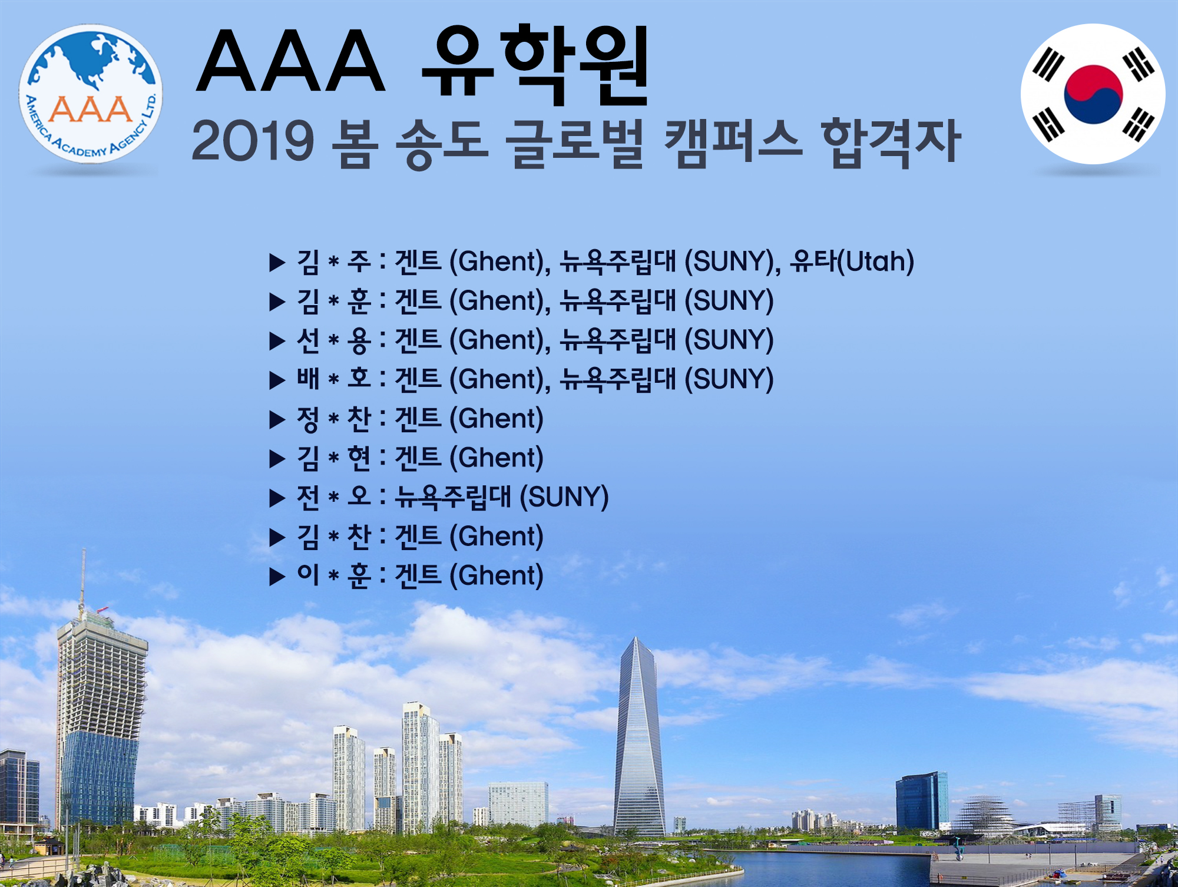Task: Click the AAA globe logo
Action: coord(91,94)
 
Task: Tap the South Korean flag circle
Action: coord(1093,94)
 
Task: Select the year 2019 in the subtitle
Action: coord(253,141)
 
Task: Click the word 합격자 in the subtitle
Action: coord(891,143)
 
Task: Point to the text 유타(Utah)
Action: coord(852,262)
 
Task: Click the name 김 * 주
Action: coord(333,262)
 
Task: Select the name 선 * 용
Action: coord(333,340)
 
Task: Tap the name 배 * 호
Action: coord(333,379)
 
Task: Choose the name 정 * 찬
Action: coord(333,419)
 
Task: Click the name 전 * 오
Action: coord(333,497)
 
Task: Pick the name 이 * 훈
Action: coord(333,575)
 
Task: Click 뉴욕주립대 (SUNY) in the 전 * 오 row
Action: coord(501,497)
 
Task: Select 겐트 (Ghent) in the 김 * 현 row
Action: coord(469,458)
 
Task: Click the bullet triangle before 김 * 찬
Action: coord(277,537)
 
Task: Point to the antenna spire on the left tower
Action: coord(83,577)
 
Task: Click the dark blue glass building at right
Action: coord(922,801)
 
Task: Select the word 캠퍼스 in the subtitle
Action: coord(733,143)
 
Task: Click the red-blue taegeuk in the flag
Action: coord(1093,94)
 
